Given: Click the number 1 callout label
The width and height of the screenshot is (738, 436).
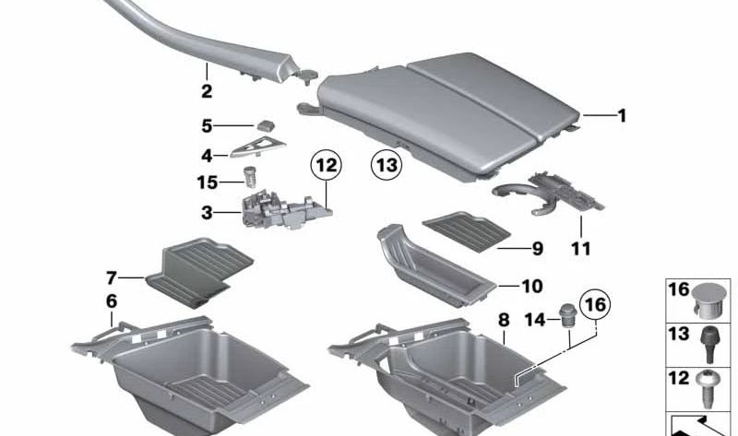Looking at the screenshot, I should [621, 116].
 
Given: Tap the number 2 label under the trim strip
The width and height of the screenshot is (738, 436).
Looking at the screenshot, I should [206, 91].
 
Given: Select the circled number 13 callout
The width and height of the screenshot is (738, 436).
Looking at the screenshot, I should [387, 167].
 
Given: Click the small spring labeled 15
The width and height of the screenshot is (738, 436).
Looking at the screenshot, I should [248, 175].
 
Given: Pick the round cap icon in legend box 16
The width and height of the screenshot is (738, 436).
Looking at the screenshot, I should [708, 297].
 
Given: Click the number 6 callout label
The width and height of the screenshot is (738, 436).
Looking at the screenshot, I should [112, 301].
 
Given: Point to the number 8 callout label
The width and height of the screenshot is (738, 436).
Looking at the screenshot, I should [503, 320].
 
